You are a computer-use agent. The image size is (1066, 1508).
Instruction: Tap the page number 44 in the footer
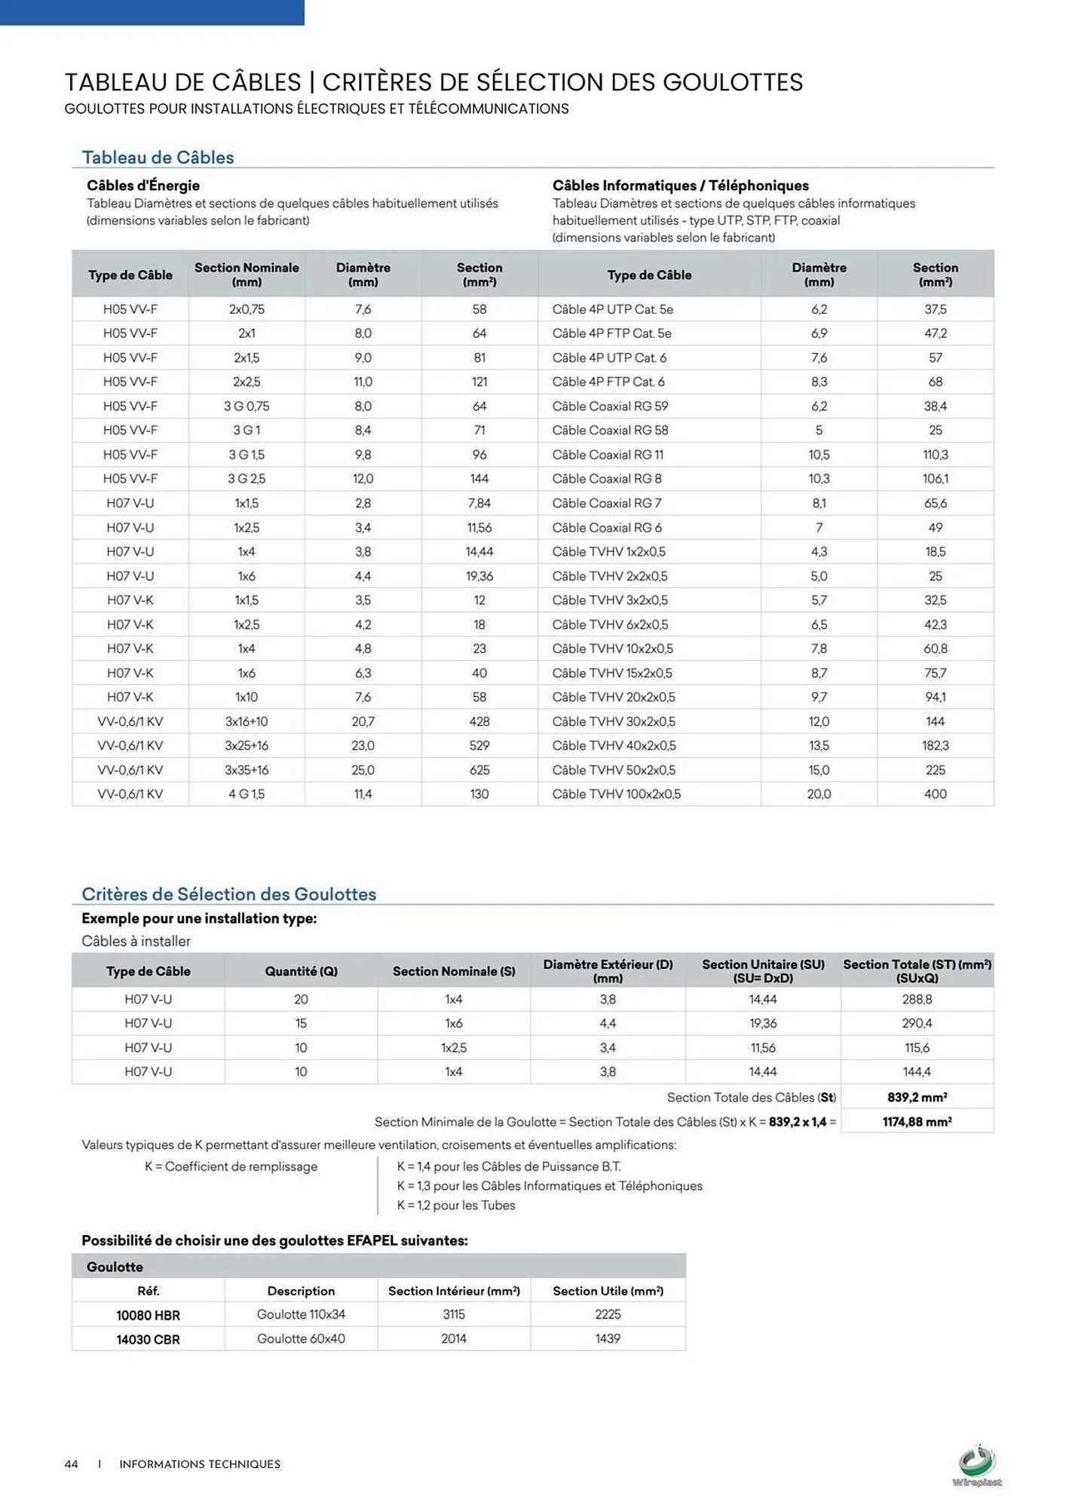click(72, 1464)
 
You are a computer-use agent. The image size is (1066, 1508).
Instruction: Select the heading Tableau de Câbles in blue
click(158, 158)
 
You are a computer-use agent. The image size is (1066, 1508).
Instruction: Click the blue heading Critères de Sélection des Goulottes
click(228, 894)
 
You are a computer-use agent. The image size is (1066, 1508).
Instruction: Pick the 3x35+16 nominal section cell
click(247, 770)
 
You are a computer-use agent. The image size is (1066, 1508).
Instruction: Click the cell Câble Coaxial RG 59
click(610, 406)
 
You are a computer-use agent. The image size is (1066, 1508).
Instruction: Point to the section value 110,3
click(935, 455)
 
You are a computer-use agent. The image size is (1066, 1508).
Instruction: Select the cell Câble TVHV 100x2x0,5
click(616, 794)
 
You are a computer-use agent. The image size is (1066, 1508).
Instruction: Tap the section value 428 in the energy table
click(479, 722)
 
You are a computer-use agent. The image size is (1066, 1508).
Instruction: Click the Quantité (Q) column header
click(301, 971)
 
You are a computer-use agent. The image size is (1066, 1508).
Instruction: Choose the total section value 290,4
click(917, 1023)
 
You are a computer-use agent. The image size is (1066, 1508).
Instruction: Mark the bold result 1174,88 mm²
click(917, 1122)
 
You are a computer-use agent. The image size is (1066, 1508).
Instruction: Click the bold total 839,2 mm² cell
click(917, 1098)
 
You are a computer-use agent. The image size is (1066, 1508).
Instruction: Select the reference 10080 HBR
click(148, 1315)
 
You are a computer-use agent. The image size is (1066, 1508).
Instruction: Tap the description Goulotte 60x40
click(301, 1338)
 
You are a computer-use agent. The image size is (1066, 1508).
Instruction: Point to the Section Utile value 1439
click(608, 1338)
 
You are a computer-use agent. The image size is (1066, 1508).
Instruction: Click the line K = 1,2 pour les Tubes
click(456, 1205)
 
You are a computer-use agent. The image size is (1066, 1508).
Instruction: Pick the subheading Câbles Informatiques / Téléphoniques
click(680, 185)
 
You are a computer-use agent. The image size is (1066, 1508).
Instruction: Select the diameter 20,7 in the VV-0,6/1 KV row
click(363, 722)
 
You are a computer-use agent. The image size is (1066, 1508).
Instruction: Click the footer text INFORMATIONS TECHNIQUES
click(200, 1464)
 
